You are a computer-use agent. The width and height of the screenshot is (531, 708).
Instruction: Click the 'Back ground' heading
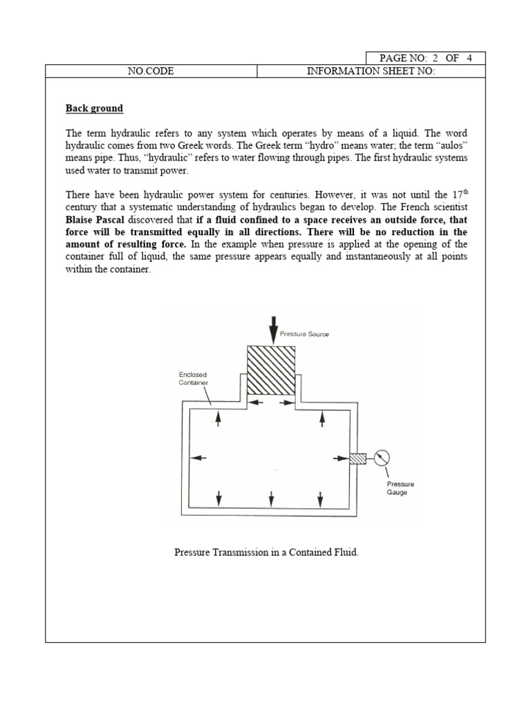point(94,109)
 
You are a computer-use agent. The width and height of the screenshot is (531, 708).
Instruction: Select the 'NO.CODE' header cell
point(151,72)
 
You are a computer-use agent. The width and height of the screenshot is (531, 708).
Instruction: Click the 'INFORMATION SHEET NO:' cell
point(371,72)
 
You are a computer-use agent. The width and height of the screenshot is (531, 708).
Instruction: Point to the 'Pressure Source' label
point(304,334)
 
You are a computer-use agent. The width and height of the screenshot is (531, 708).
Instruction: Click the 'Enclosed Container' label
point(193,378)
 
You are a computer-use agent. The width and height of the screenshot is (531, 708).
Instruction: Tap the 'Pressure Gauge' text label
point(401,488)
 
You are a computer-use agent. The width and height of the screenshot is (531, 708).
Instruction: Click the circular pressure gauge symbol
point(381,458)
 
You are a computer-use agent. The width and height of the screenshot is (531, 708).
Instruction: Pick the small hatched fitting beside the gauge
point(357,458)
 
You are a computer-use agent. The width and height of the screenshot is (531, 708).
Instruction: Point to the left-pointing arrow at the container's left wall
point(198,458)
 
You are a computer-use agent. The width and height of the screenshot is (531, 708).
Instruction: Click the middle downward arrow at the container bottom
point(272,497)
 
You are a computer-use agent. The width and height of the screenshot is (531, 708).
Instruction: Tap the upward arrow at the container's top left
point(219,418)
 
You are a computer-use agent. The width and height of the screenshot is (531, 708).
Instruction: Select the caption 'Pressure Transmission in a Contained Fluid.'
point(266,554)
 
